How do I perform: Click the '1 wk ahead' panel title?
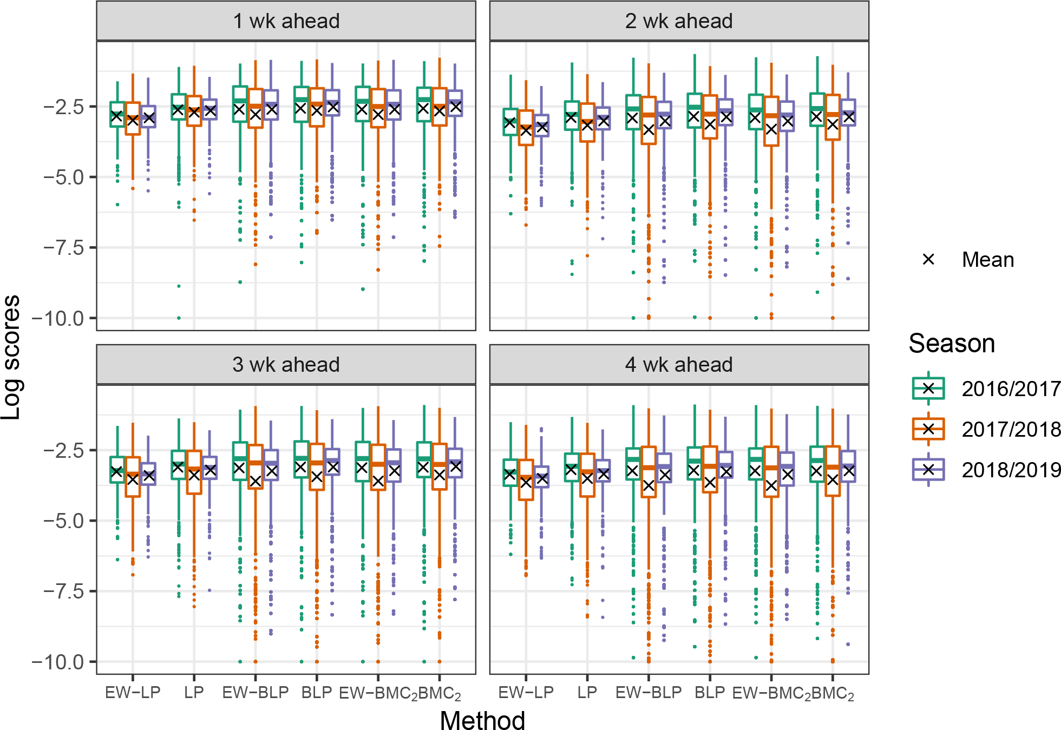tap(286, 21)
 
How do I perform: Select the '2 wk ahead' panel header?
tap(679, 21)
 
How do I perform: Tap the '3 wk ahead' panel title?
tap(286, 365)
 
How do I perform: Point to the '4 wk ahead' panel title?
tap(679, 365)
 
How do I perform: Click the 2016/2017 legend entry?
tap(928, 389)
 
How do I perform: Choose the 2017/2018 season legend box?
tap(928, 429)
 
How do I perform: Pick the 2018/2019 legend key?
tap(928, 470)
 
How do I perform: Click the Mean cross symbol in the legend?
tap(928, 260)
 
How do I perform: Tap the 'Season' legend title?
tap(952, 344)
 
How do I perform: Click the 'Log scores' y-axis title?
tap(11, 357)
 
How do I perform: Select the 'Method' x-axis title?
tap(482, 720)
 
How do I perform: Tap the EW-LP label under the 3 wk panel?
tap(133, 693)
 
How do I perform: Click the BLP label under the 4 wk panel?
tap(710, 693)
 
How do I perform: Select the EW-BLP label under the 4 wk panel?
tap(649, 693)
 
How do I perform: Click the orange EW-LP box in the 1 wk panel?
tap(133, 119)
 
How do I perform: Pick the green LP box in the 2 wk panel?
tap(572, 115)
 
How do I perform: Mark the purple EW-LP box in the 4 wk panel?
tap(541, 477)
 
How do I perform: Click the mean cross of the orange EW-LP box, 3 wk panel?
tap(133, 479)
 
